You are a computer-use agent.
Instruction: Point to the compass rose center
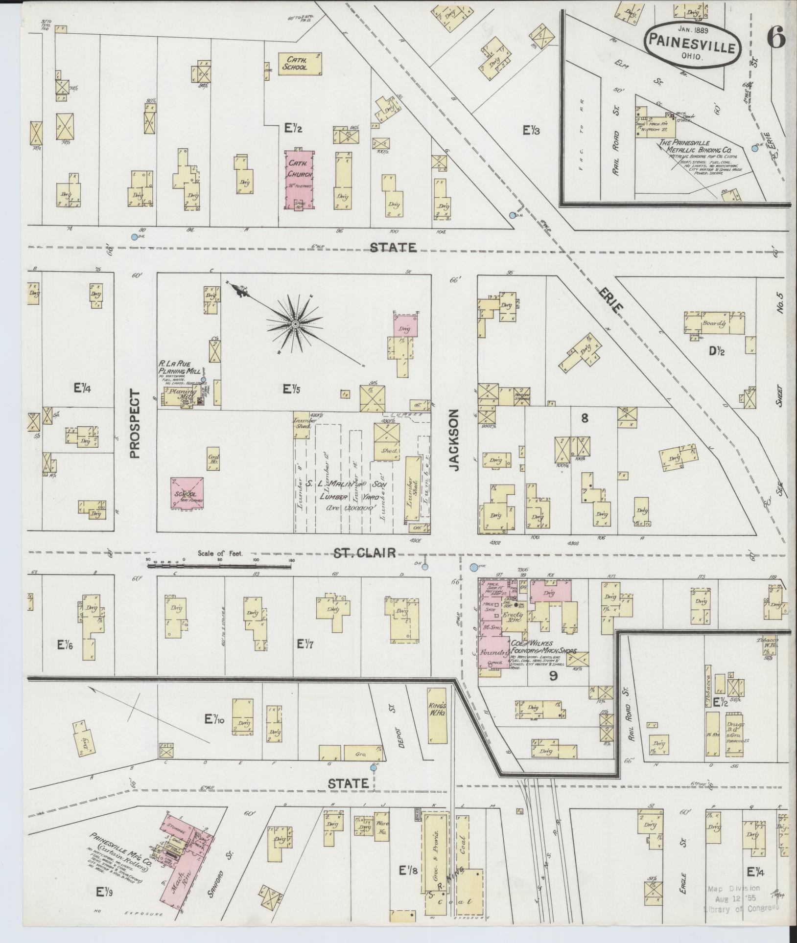click(296, 324)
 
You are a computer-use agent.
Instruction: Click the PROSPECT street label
click(135, 424)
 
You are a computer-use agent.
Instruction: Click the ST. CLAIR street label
click(371, 553)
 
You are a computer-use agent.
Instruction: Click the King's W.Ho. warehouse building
click(438, 715)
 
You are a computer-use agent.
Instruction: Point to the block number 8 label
click(585, 418)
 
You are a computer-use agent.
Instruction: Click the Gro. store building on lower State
click(362, 752)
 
